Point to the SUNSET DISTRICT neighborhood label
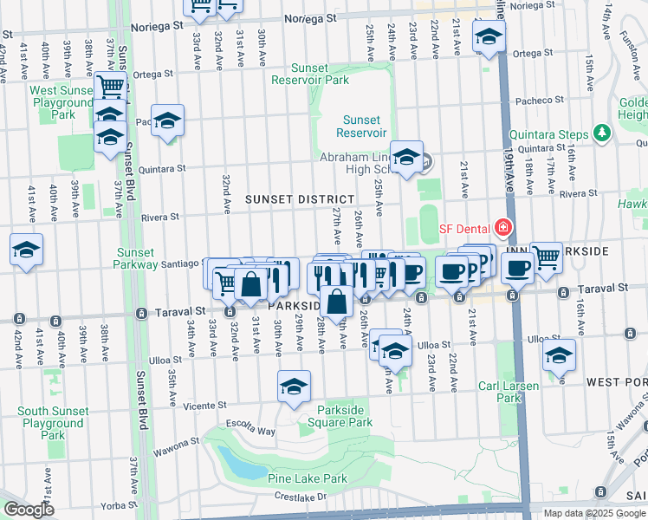click(x=300, y=199)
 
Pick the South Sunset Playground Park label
click(x=53, y=423)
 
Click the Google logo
click(x=28, y=510)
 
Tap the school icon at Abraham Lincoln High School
click(x=405, y=157)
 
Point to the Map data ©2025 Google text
click(x=593, y=513)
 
